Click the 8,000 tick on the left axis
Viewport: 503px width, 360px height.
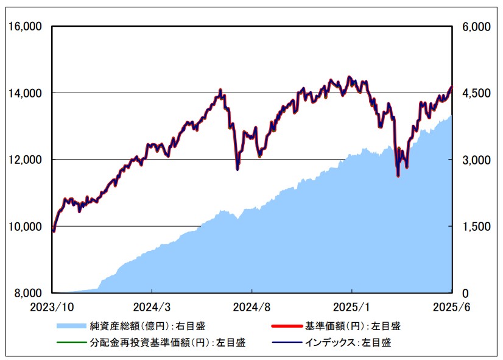(x=26, y=293)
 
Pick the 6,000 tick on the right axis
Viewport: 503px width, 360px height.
(x=476, y=27)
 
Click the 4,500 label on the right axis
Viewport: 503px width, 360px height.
(x=476, y=93)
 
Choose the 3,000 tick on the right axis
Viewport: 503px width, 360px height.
(x=476, y=160)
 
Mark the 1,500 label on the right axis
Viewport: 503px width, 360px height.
(x=476, y=227)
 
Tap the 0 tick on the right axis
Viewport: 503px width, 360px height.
(x=466, y=293)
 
